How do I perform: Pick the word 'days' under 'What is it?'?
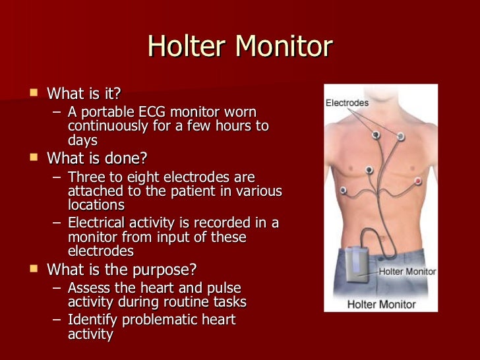pyautogui.click(x=82, y=140)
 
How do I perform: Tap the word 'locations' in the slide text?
pyautogui.click(x=96, y=205)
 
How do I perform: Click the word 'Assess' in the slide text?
pyautogui.click(x=89, y=287)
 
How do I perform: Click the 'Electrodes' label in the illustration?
pyautogui.click(x=347, y=103)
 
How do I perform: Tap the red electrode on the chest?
pyautogui.click(x=417, y=180)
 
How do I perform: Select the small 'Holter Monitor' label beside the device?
pyautogui.click(x=407, y=271)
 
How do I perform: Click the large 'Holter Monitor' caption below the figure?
pyautogui.click(x=381, y=305)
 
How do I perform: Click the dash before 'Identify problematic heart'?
pyautogui.click(x=57, y=320)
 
